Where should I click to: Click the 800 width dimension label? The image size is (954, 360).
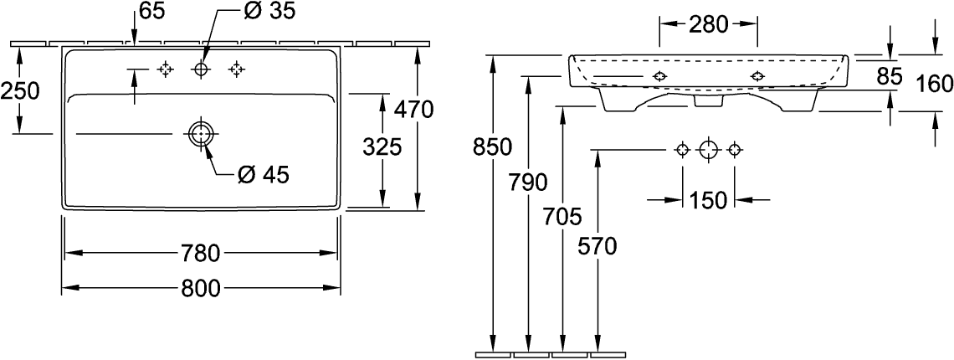[201, 289]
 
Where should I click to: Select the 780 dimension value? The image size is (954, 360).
[201, 252]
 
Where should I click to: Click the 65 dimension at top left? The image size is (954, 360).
[151, 12]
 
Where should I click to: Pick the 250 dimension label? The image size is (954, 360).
[20, 90]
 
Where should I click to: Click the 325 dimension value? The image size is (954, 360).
[383, 147]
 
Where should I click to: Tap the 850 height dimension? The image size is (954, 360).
[492, 147]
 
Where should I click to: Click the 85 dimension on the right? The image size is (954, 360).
[890, 78]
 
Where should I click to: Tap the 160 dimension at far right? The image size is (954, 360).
[934, 84]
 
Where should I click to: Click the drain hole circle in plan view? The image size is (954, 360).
[201, 134]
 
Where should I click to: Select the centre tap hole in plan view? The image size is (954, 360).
[201, 69]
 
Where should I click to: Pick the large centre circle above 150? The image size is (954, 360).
[708, 150]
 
